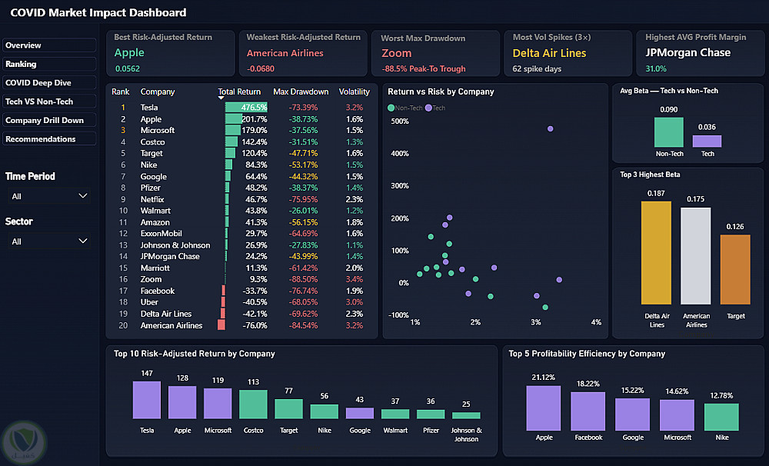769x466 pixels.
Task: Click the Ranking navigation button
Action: (x=49, y=64)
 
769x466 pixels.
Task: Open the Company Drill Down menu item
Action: (x=49, y=120)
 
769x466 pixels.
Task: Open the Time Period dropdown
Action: (x=49, y=196)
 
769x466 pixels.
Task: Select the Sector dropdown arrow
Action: (x=83, y=241)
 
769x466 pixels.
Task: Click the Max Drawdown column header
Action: (x=301, y=92)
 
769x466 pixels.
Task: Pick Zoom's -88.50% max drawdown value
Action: (x=303, y=279)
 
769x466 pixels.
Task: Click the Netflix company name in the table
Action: (x=152, y=199)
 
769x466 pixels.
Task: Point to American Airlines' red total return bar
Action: (x=221, y=325)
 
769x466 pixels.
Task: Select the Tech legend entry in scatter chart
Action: (x=435, y=108)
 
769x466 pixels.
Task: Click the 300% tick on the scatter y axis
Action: (x=400, y=186)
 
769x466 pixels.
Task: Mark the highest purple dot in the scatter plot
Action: (x=551, y=129)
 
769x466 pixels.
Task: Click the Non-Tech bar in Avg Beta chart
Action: (x=669, y=132)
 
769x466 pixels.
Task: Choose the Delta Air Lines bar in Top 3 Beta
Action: (x=656, y=253)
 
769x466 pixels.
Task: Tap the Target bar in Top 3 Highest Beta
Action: (x=735, y=270)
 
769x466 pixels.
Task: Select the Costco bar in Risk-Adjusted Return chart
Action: (x=253, y=404)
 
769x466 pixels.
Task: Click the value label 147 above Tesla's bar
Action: (x=147, y=373)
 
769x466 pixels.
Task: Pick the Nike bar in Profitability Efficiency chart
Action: (x=721, y=417)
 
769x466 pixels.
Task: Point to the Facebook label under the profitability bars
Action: (x=588, y=437)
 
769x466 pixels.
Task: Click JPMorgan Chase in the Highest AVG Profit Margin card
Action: (x=687, y=52)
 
